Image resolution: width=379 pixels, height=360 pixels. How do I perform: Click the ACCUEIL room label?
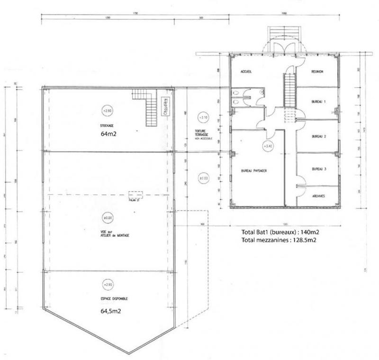(245, 72)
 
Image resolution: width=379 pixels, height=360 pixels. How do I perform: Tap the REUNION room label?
(317, 72)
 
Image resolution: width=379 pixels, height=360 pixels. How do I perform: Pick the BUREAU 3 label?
(319, 169)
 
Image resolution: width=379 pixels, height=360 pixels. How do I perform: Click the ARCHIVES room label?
(318, 196)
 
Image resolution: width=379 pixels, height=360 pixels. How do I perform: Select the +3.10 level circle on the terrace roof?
(203, 117)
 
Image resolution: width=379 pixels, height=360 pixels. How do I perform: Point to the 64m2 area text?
(108, 134)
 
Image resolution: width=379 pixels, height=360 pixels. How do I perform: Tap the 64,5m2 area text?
(110, 312)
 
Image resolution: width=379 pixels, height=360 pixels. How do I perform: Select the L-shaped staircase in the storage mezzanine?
(147, 106)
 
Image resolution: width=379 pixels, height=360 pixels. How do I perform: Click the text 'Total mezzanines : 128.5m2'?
(279, 240)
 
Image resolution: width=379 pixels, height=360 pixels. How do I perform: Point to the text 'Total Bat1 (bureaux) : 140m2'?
(280, 232)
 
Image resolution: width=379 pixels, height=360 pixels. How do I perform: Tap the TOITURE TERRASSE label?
(202, 133)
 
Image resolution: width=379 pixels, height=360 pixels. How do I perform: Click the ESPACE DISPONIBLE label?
(114, 299)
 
